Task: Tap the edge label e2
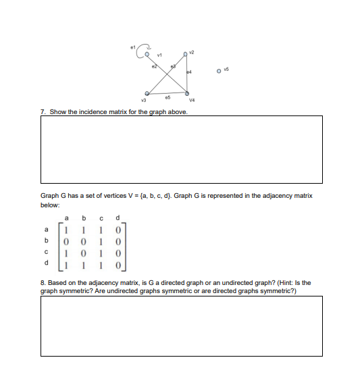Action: pyautogui.click(x=153, y=65)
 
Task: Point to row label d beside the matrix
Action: pyautogui.click(x=47, y=261)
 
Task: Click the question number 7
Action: pyautogui.click(x=43, y=111)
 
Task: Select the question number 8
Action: pyautogui.click(x=43, y=282)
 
